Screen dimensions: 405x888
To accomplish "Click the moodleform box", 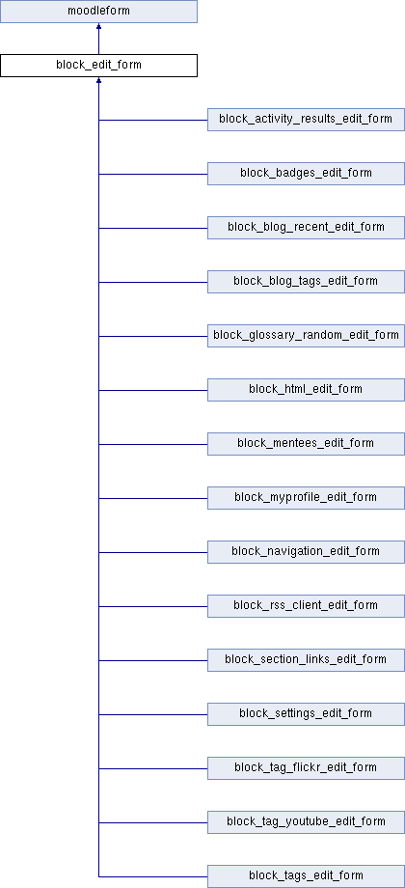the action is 98,12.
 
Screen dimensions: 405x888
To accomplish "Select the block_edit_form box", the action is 98,65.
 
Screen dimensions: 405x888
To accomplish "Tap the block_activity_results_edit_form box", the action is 306,120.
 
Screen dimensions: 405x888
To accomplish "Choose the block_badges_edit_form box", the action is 306,174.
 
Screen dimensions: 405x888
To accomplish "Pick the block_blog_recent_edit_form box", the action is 306,228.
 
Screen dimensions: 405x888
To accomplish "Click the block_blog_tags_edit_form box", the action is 306,282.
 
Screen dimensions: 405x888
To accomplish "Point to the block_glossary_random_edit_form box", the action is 306,336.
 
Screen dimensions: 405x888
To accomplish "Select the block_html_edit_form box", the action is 306,390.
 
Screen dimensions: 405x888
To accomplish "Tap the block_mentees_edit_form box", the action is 306,444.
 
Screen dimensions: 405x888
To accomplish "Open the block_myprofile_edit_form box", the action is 306,498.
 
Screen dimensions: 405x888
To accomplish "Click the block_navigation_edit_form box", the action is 306,552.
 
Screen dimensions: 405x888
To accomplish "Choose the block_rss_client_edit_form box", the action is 306,606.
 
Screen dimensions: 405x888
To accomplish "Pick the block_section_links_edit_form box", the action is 306,660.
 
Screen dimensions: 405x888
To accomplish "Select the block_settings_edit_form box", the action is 306,714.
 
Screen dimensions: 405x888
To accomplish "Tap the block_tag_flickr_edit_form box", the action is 306,768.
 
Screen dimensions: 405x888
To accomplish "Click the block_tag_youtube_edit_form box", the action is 306,822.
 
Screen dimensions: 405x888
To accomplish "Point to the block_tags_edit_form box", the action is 306,876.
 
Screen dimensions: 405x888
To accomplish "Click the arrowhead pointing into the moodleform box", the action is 99,26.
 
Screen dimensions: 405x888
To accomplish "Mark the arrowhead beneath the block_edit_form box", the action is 99,80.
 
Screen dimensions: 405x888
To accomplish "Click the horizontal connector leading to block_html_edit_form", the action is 153,390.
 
